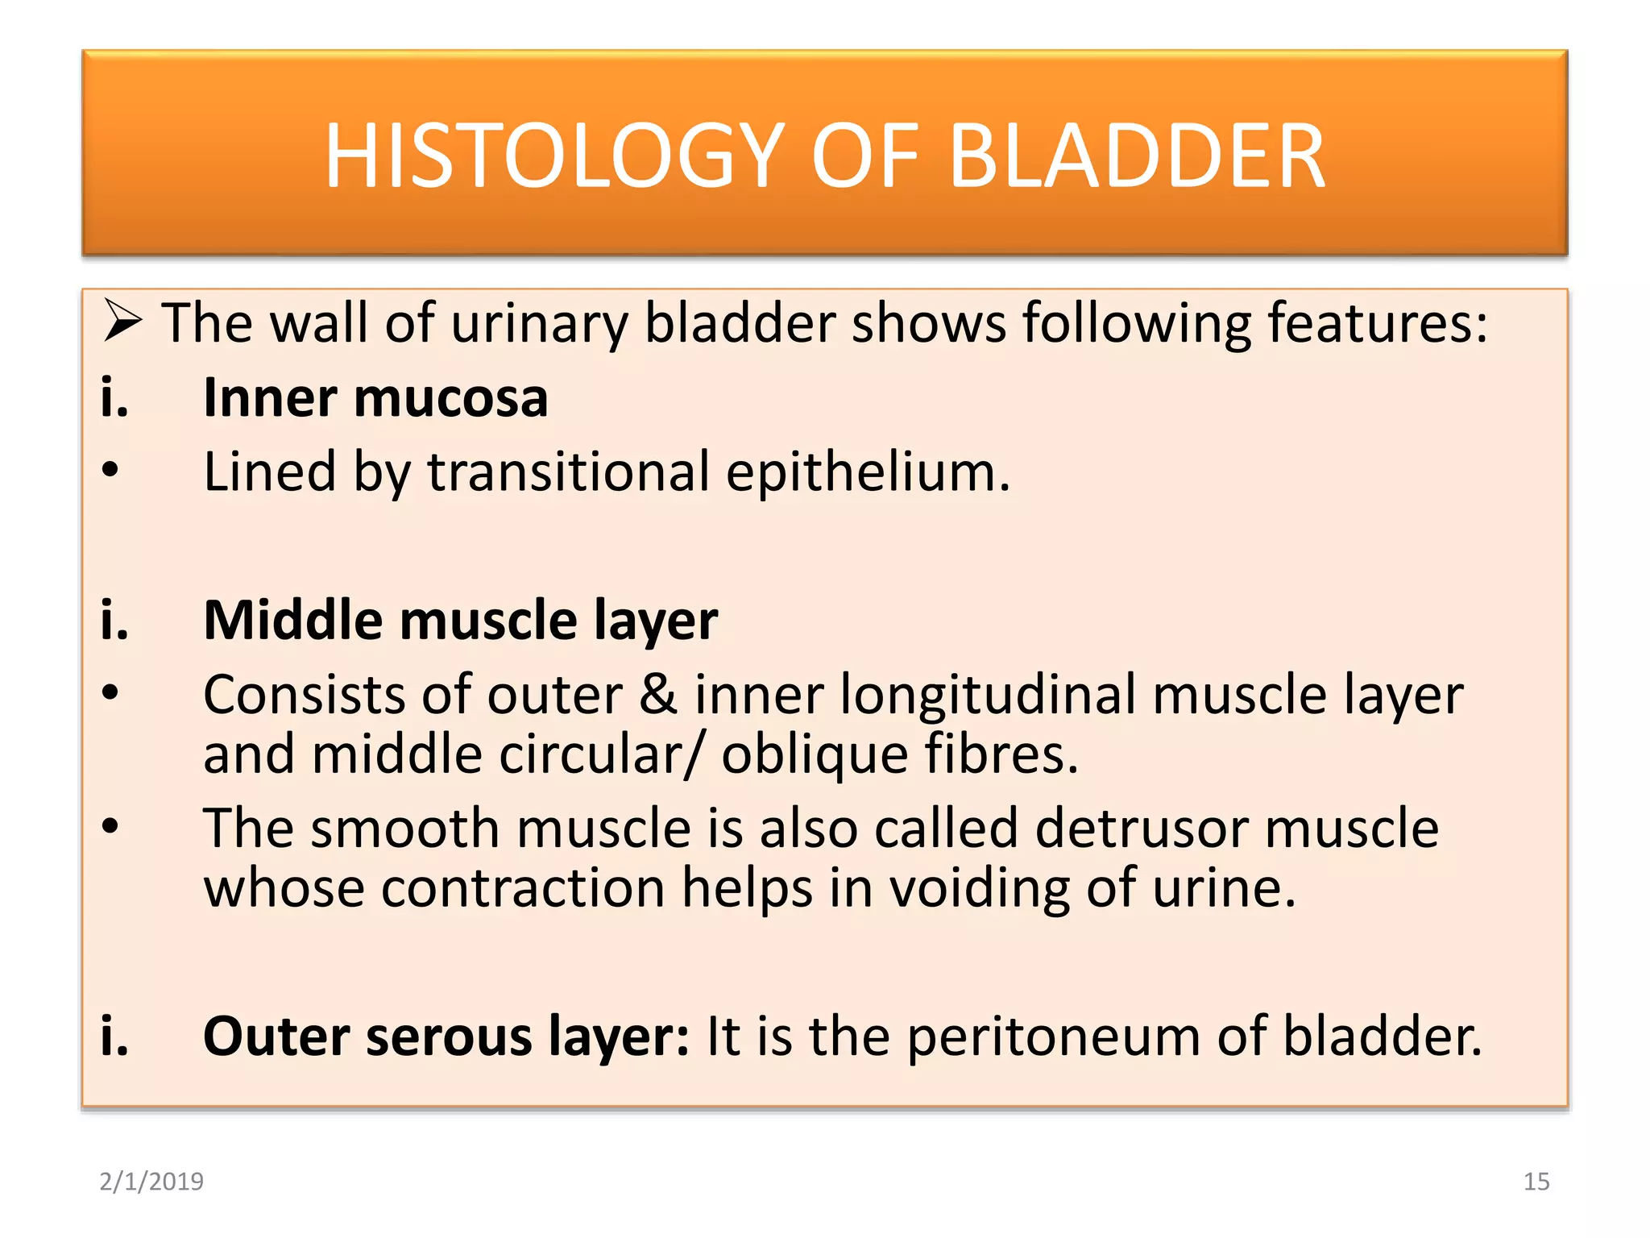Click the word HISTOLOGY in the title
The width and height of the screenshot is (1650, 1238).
coord(554,156)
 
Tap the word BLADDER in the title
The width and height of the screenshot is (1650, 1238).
coord(1137,156)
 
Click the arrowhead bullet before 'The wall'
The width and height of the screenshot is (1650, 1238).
coord(122,322)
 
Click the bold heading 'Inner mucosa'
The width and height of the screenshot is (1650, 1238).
coord(375,398)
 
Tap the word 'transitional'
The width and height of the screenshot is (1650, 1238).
coord(568,472)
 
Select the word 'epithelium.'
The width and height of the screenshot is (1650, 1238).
coord(868,473)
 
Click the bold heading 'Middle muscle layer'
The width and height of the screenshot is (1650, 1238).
coord(460,621)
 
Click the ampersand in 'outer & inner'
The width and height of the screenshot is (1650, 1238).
coord(658,695)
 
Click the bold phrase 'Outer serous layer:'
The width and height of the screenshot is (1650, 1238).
coord(446,1037)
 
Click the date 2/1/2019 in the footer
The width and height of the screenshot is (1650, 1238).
coord(151,1182)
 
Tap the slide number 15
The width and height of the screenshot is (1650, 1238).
coord(1536,1182)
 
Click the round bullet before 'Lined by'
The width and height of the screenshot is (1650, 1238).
coord(110,470)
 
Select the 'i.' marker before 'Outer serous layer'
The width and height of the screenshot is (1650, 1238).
coord(114,1037)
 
